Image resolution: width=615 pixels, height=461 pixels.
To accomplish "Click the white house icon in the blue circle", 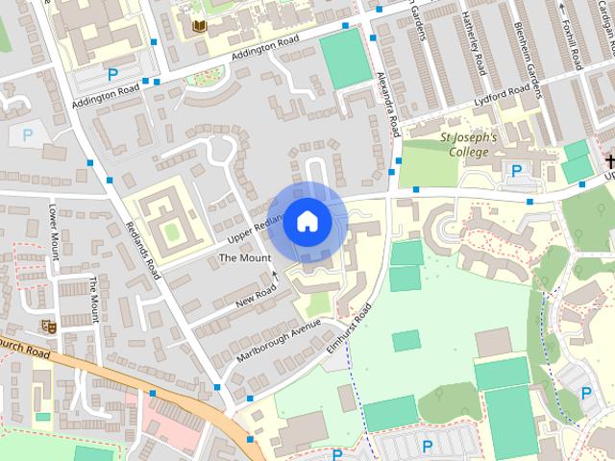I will pos(307,221).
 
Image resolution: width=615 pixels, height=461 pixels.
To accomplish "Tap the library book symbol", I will pos(200,26).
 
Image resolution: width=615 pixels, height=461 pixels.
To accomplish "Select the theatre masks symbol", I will pos(49,327).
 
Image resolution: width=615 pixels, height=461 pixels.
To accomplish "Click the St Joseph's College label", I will pos(468,144).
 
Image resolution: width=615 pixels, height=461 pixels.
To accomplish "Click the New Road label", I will pos(255,299).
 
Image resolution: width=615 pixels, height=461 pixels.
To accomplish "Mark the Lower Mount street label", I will pos(54,230).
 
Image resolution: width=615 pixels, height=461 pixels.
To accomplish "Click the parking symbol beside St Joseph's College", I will pos(517,171).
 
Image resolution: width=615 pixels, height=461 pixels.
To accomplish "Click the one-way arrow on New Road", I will pos(275,276).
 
